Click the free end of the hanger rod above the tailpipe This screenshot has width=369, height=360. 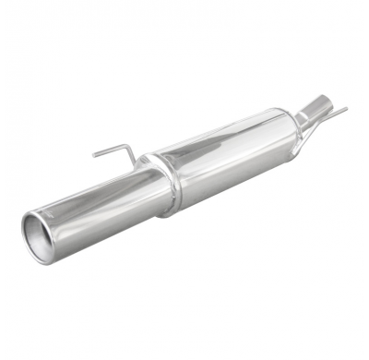94,154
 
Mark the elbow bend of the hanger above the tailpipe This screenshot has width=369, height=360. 128,149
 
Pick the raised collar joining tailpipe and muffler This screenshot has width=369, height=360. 162,185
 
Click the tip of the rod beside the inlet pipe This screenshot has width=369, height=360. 346,109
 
